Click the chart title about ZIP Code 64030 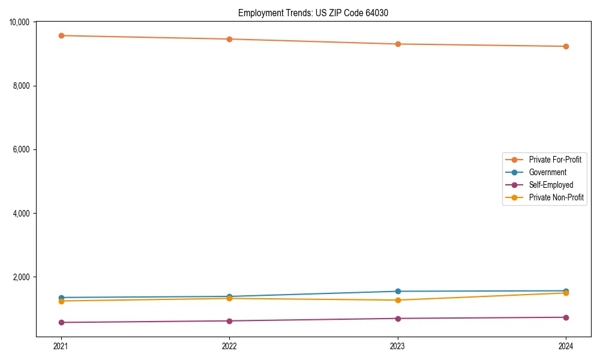coord(313,13)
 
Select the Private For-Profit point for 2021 coord(61,35)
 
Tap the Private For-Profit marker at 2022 coord(229,39)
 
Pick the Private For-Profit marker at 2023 coord(398,44)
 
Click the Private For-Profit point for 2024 coord(566,46)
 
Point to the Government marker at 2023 coord(398,292)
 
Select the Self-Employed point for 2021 coord(61,322)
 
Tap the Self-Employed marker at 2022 coord(229,321)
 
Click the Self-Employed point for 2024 coord(566,317)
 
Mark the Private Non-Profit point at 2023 coord(398,300)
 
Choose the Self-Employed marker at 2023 coord(398,319)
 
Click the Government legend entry coord(547,172)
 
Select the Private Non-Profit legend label coord(556,197)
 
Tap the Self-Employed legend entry coord(551,185)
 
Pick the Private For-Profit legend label coord(555,160)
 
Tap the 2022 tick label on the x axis coord(229,346)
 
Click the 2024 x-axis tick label coord(566,346)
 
